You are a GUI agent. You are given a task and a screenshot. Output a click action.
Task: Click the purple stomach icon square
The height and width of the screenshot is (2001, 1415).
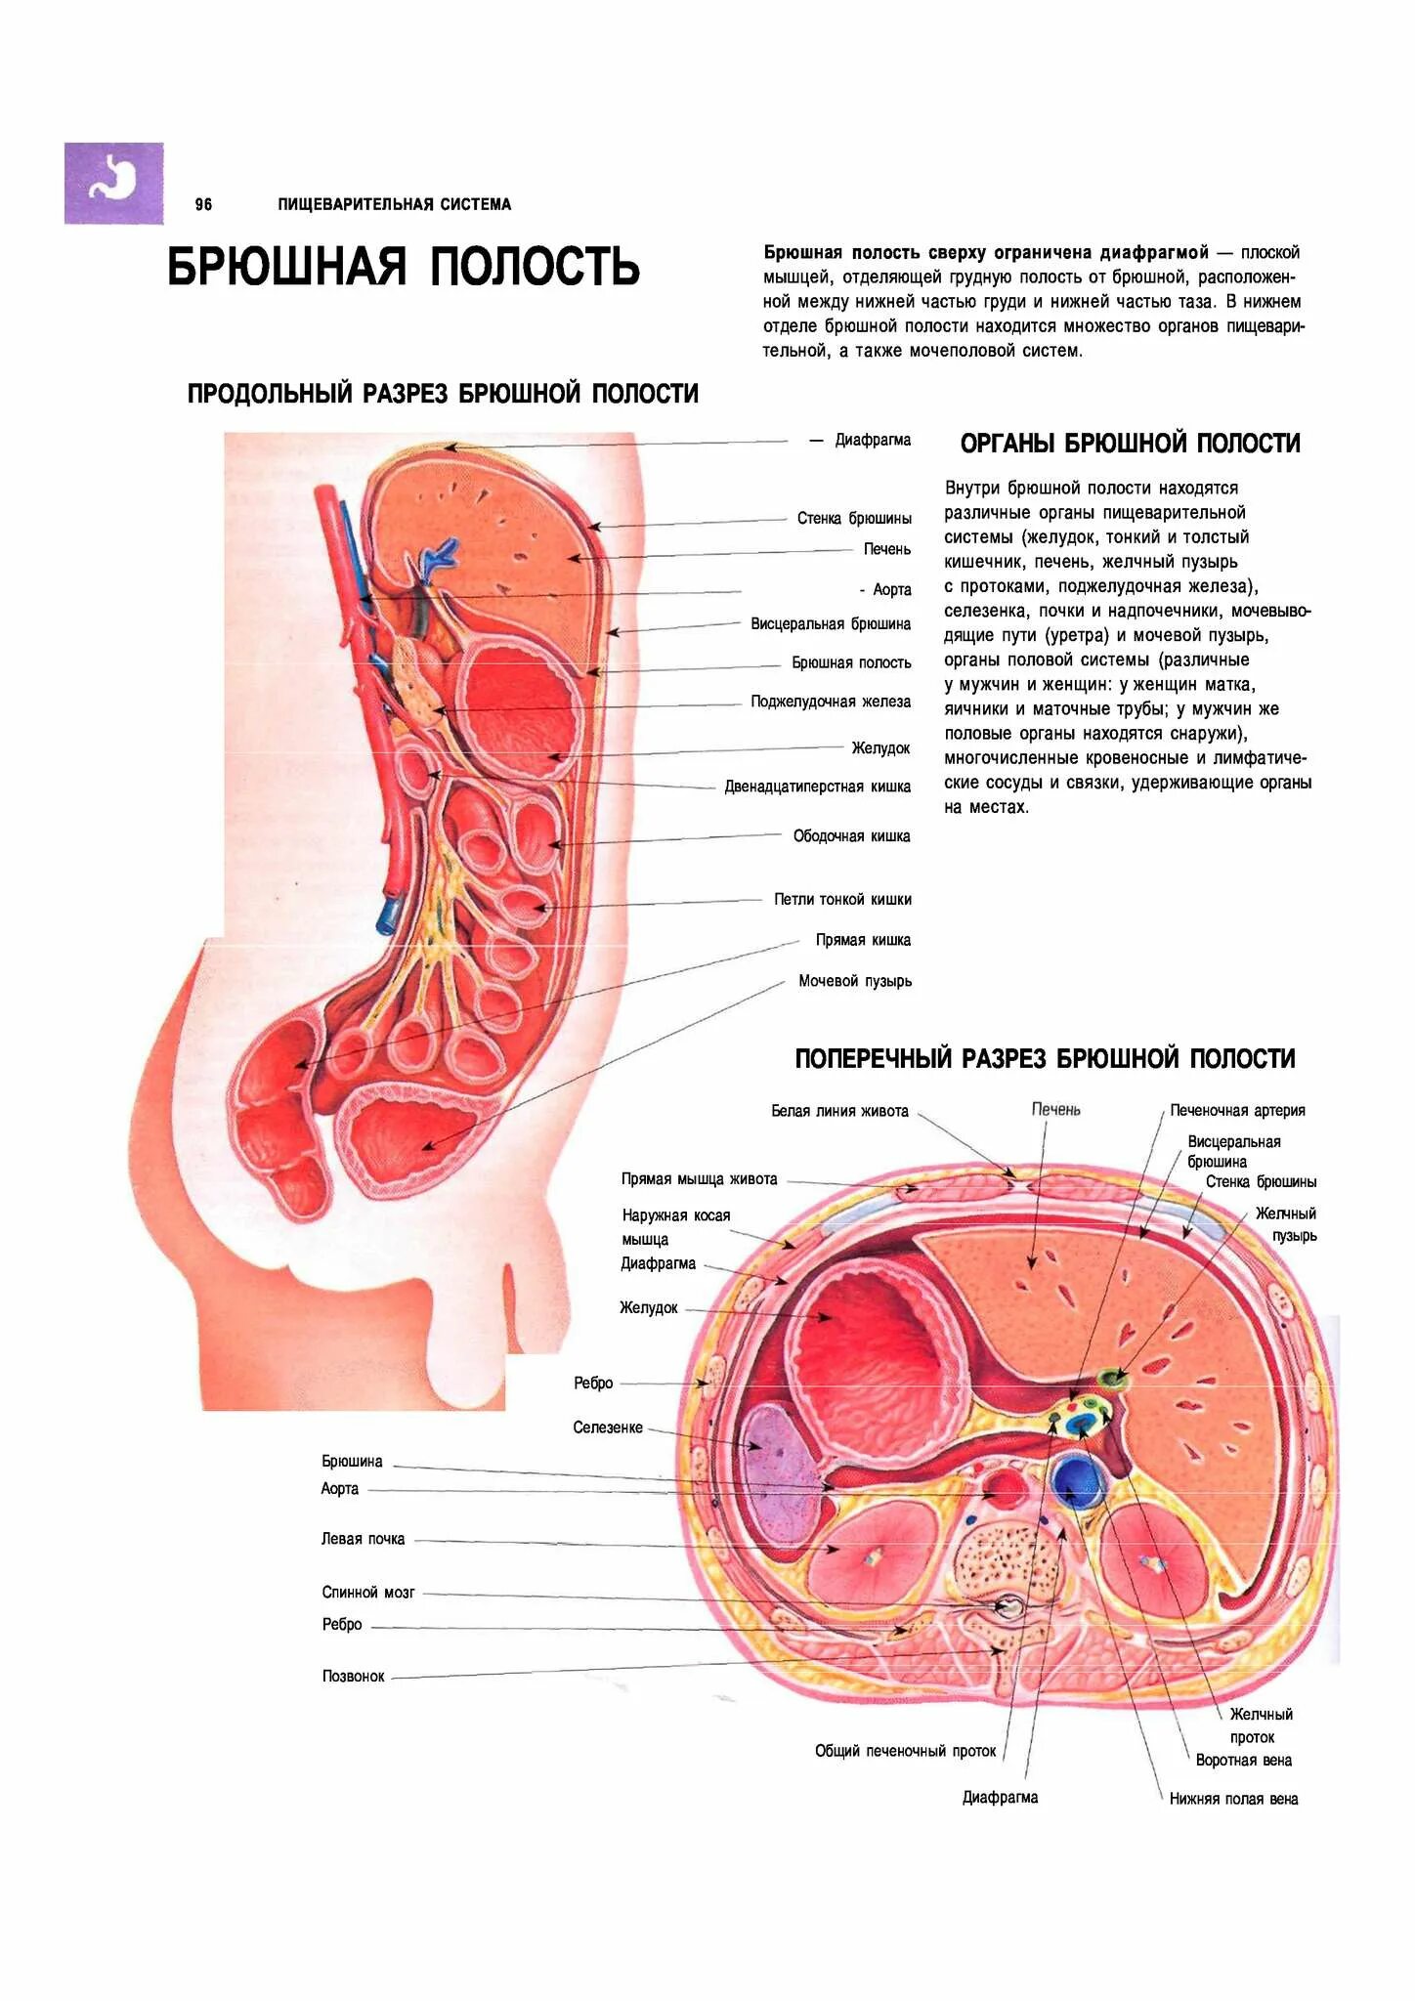click(113, 183)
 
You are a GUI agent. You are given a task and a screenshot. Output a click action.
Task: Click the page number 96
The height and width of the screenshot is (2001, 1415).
click(203, 204)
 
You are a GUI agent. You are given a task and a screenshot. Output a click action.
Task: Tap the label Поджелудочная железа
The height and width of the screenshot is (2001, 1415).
click(830, 702)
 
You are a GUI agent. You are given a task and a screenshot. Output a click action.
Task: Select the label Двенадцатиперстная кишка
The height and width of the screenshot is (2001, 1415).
click(817, 787)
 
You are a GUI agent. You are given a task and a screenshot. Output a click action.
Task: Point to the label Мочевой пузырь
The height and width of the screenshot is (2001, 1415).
click(854, 981)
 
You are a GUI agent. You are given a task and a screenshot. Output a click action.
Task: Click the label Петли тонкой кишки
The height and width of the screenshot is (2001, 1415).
click(841, 899)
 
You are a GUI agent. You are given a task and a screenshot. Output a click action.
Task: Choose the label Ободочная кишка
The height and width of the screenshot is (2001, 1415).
click(851, 836)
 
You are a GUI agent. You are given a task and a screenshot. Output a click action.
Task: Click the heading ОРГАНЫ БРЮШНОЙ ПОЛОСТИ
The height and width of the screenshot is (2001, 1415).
click(1130, 444)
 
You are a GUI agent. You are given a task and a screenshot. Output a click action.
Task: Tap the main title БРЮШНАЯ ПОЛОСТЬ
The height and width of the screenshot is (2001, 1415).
click(403, 266)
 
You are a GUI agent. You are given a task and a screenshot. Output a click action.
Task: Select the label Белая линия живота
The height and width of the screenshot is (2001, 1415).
click(839, 1111)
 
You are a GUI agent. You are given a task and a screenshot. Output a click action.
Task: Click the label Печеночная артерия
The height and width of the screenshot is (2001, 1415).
click(1237, 1111)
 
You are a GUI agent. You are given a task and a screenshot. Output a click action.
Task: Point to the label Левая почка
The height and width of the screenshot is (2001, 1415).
click(363, 1539)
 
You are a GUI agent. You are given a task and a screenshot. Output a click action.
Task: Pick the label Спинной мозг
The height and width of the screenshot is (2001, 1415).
click(368, 1593)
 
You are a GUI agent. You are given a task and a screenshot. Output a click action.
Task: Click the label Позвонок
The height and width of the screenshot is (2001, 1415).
click(353, 1677)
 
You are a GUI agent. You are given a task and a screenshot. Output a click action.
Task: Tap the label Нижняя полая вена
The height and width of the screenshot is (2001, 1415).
click(1233, 1799)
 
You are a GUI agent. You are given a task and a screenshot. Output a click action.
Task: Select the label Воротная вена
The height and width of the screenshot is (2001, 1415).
click(1243, 1760)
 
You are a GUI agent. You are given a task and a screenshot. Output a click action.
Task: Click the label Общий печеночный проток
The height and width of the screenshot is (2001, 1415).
click(905, 1751)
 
